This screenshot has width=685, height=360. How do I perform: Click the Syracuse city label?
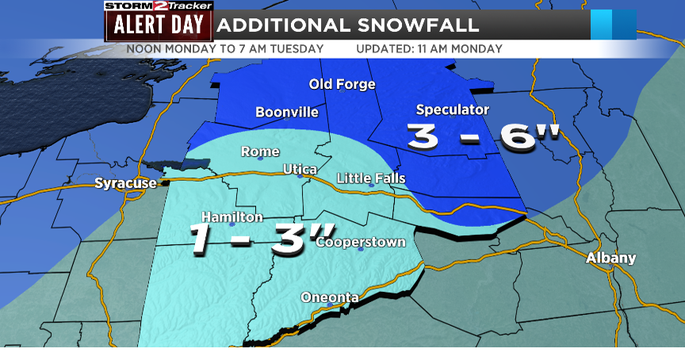(x=125, y=184)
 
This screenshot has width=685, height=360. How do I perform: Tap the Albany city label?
(x=610, y=258)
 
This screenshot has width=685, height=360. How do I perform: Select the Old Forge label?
(x=341, y=85)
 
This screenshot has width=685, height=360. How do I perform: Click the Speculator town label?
(x=453, y=109)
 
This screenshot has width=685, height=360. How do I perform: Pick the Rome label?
(x=260, y=151)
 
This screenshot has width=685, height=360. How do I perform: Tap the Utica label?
(x=300, y=170)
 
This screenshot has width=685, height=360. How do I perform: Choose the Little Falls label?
(x=371, y=178)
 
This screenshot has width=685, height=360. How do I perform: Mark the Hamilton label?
(x=232, y=216)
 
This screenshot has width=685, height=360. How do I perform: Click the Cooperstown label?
(x=361, y=242)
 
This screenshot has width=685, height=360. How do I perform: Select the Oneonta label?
(x=330, y=297)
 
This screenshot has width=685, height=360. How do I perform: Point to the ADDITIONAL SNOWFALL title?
(x=348, y=25)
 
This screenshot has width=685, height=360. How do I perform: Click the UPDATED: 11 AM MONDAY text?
(x=429, y=48)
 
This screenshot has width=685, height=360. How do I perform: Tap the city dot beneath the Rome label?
(x=260, y=158)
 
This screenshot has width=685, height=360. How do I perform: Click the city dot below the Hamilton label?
(x=232, y=224)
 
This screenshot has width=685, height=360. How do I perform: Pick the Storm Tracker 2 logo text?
(x=159, y=6)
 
